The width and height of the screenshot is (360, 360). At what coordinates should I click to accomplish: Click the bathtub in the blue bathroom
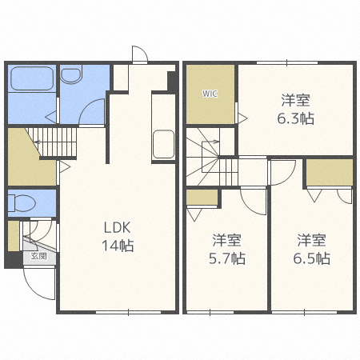pyautogui.click(x=30, y=79)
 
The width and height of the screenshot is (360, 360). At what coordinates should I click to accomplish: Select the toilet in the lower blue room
pyautogui.click(x=22, y=202)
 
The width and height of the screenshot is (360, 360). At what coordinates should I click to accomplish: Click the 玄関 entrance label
pyautogui.click(x=39, y=257)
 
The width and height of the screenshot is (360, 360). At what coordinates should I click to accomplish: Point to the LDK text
pyautogui.click(x=117, y=226)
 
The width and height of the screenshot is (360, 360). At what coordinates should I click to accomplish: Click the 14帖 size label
pyautogui.click(x=117, y=245)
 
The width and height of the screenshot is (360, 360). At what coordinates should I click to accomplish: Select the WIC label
pyautogui.click(x=210, y=94)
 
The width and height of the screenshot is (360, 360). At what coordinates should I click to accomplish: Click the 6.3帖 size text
pyautogui.click(x=296, y=118)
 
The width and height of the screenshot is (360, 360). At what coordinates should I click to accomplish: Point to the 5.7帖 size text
pyautogui.click(x=228, y=258)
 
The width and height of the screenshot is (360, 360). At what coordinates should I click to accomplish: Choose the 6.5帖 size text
pyautogui.click(x=312, y=258)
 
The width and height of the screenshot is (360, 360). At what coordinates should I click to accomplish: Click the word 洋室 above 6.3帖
pyautogui.click(x=296, y=101)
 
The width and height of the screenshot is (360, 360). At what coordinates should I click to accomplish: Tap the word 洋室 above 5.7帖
pyautogui.click(x=228, y=240)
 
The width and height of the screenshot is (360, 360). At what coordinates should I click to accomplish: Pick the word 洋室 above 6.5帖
pyautogui.click(x=312, y=240)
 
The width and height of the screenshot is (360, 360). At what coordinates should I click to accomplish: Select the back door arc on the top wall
pyautogui.click(x=138, y=54)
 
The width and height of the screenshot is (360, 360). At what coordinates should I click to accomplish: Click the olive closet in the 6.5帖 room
pyautogui.click(x=329, y=172)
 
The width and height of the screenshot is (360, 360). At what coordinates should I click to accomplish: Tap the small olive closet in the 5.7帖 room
pyautogui.click(x=201, y=197)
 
